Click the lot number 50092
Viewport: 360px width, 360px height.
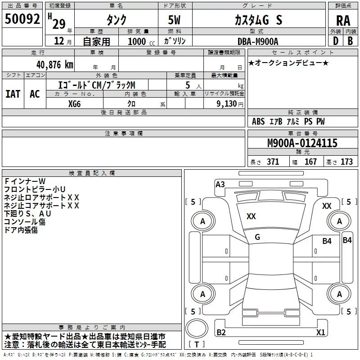22,19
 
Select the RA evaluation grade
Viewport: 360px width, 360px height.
343,21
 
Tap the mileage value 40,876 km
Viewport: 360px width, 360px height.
55,65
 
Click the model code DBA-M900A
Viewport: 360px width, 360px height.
258,41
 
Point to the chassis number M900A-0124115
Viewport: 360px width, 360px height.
302,143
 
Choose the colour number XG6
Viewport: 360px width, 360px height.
74,104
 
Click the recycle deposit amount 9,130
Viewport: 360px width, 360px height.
227,103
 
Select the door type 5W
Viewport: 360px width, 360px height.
174,20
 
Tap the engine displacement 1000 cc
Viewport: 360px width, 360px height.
141,41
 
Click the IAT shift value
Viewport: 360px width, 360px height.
13,94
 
